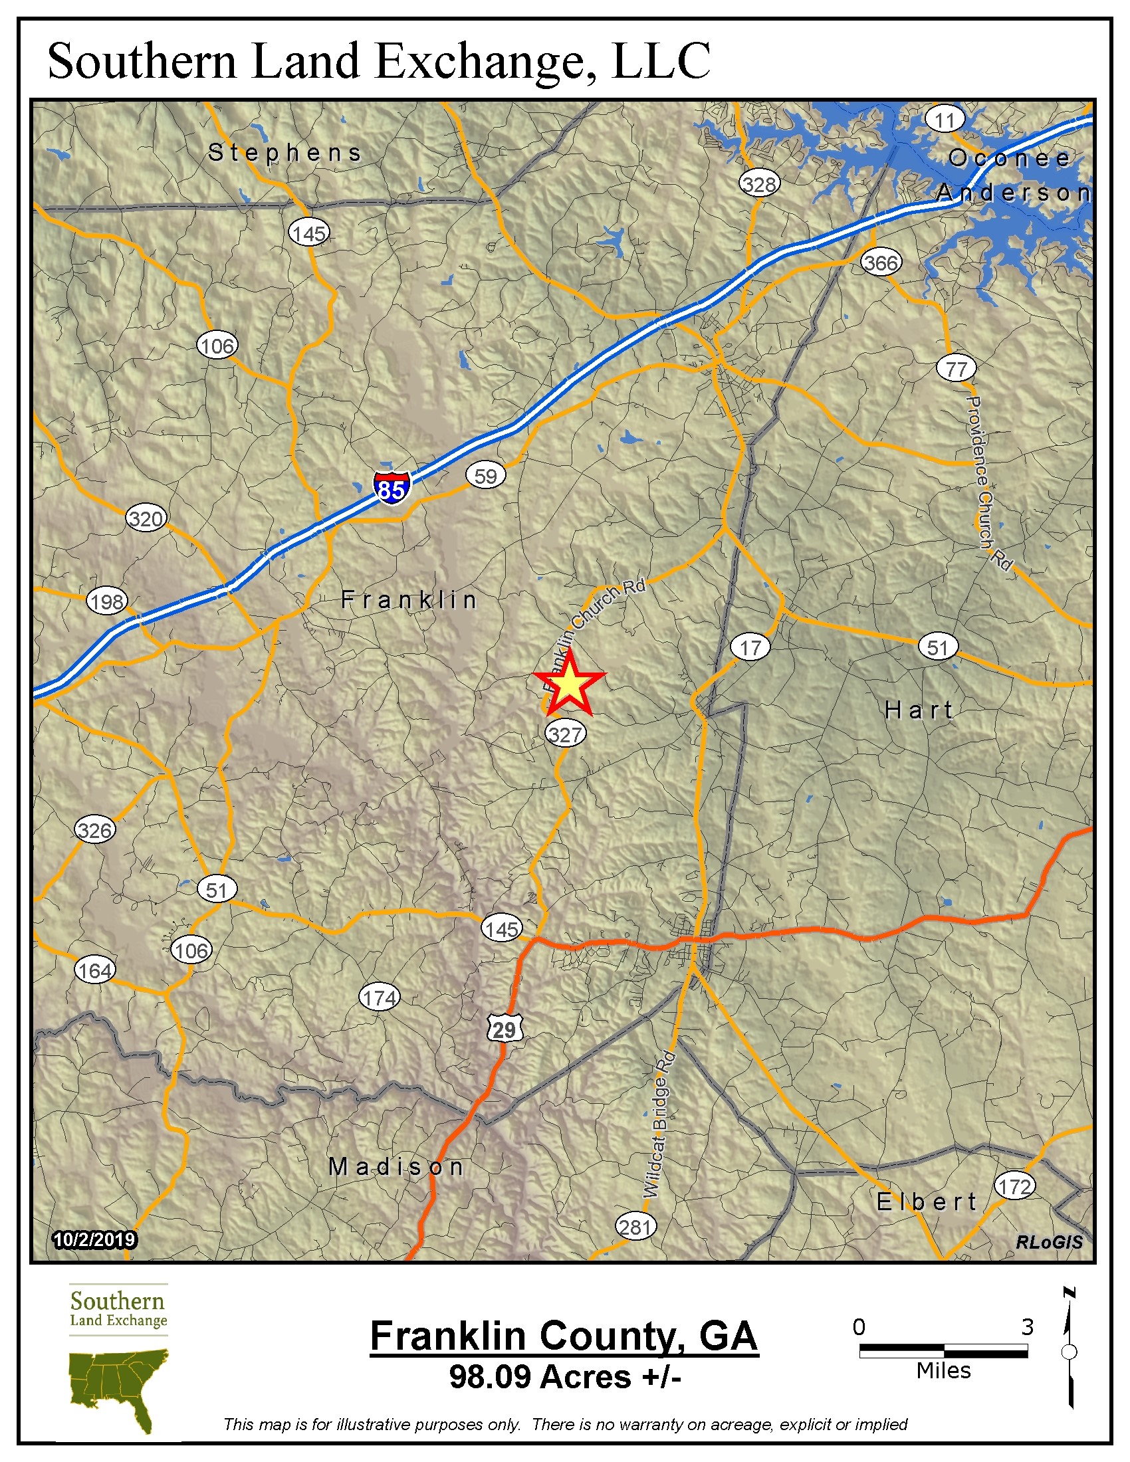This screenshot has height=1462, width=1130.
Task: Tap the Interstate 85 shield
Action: [x=392, y=488]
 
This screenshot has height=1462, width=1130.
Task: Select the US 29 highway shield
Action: [x=504, y=1029]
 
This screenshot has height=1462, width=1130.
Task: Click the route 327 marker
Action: [x=566, y=734]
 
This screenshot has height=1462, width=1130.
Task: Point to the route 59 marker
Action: [x=485, y=476]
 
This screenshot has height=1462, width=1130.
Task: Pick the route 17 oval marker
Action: [x=750, y=647]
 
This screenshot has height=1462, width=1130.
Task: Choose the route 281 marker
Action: [x=635, y=1227]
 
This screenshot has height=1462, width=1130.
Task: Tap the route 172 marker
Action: [x=1014, y=1186]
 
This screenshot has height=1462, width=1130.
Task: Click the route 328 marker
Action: [x=759, y=184]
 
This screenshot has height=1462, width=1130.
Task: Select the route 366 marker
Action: [x=880, y=262]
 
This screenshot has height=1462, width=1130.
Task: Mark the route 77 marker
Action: [x=956, y=369]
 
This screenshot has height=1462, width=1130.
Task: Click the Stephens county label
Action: [x=284, y=153]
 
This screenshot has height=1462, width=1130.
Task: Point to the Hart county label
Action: [x=919, y=710]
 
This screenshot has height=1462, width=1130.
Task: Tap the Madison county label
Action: [x=396, y=1167]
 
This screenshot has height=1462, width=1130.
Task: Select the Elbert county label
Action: [x=927, y=1202]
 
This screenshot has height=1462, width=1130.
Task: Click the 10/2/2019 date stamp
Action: [x=94, y=1240]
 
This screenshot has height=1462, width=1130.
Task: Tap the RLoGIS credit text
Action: [x=1048, y=1243]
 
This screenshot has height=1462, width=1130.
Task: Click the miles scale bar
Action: [x=943, y=1351]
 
